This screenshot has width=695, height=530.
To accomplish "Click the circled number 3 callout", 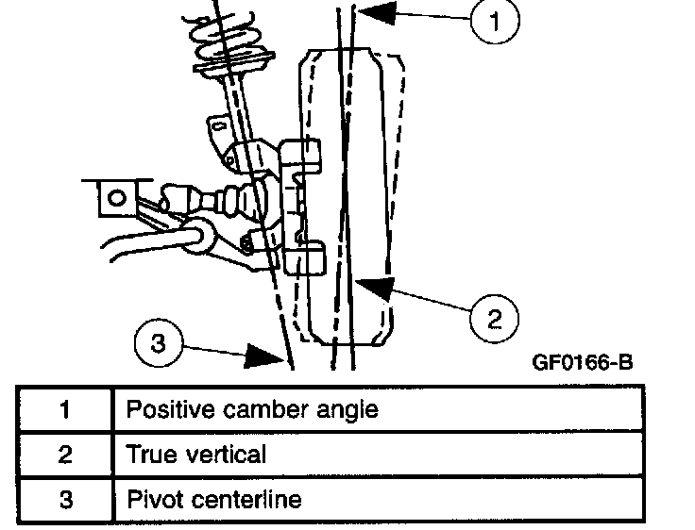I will tap(161, 343).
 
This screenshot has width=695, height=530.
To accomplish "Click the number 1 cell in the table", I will tap(64, 410).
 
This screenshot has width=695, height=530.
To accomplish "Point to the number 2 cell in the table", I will tap(64, 455).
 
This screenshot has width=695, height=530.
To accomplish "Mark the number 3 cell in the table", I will tap(64, 498).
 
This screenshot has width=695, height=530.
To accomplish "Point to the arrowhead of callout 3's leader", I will tap(274, 357).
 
